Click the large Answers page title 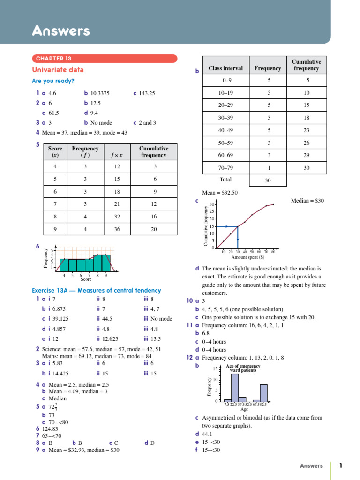coord(60,31)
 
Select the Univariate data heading coord(58,70)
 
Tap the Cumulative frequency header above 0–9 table coord(307,65)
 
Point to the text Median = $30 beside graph coord(307,201)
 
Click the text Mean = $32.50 coord(219,192)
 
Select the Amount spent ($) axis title coord(248,257)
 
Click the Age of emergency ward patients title coord(243,368)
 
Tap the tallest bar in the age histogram coord(235,387)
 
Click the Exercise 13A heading coord(96,291)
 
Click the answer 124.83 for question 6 coord(50,428)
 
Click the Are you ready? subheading coord(53,81)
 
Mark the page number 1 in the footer coord(341,465)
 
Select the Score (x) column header coord(55,151)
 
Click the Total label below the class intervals coord(225,180)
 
